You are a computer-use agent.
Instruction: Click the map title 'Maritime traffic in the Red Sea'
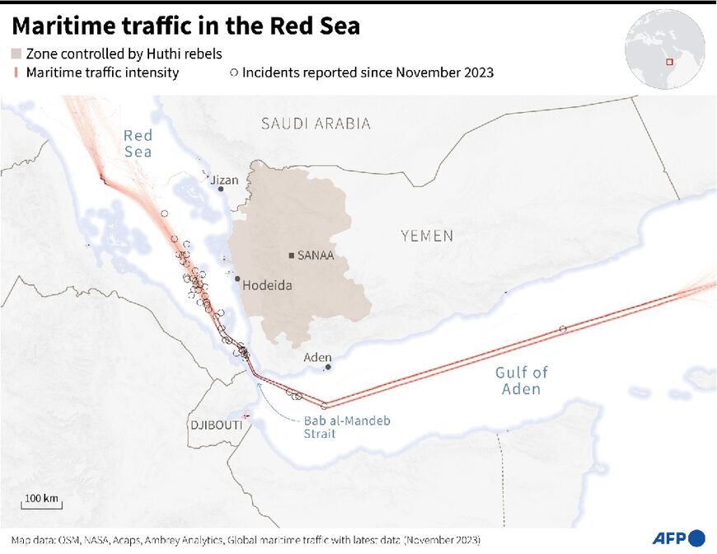click(185, 26)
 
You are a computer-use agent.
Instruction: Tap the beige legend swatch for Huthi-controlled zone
click(16, 54)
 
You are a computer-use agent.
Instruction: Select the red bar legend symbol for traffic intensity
click(16, 73)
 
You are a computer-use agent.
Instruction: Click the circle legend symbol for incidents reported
click(234, 73)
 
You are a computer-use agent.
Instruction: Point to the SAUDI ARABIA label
click(316, 124)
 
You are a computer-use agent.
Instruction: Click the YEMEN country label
click(427, 236)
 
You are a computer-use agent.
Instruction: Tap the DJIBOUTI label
click(217, 425)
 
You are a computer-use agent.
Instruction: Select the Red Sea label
click(138, 143)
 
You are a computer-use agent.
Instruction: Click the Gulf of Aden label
click(521, 381)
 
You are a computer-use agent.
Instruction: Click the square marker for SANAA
click(292, 256)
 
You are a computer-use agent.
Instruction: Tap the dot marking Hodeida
click(237, 279)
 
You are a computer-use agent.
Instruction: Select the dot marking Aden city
click(328, 368)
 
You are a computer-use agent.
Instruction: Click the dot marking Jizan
click(221, 189)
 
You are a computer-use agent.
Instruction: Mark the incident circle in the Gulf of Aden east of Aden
click(563, 329)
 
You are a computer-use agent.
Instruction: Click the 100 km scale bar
click(41, 505)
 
